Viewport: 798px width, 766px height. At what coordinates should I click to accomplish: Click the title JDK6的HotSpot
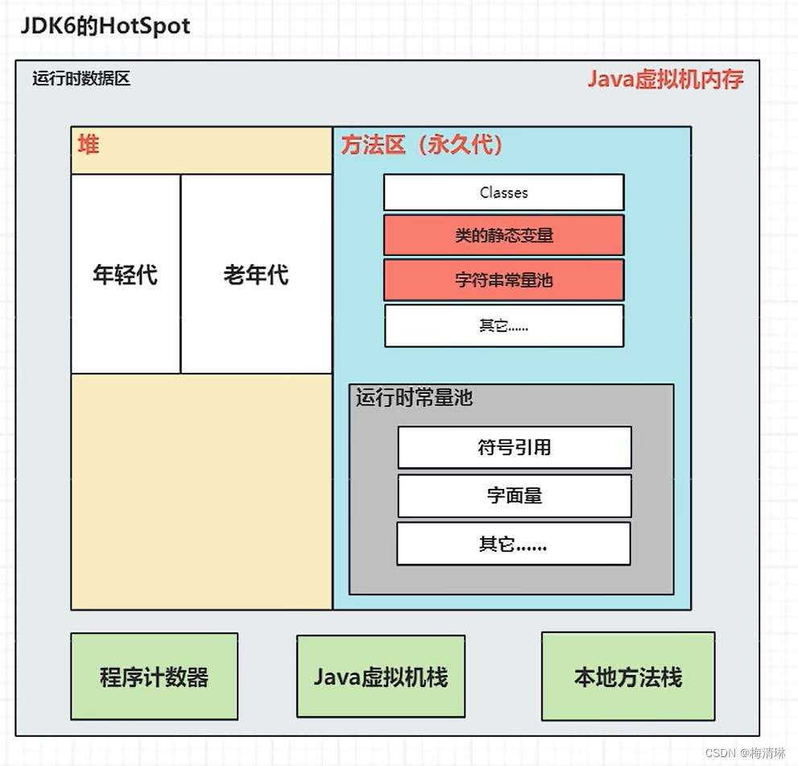point(105,26)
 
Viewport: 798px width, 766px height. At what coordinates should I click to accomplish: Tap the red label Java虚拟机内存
point(665,79)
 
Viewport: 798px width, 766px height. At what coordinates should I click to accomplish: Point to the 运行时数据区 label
point(81,79)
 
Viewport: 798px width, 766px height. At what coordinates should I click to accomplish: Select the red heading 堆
point(89,146)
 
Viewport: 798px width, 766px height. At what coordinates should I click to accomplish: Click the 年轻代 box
point(125,275)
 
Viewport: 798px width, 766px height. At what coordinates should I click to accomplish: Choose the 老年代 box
point(256,275)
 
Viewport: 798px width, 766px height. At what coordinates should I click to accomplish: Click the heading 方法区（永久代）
point(422,145)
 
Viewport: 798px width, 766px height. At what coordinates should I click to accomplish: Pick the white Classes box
point(503,193)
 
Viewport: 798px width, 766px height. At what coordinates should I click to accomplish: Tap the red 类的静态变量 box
point(503,236)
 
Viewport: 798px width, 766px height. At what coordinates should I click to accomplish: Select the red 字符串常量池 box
point(503,280)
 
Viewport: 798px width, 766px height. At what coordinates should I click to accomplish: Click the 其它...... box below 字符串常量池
point(503,325)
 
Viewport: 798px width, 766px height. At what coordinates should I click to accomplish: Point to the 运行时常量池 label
point(414,398)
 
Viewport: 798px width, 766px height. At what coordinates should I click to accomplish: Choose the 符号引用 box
point(514,448)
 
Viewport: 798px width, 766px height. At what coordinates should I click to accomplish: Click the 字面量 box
point(514,496)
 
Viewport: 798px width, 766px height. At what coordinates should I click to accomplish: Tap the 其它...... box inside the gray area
point(513,544)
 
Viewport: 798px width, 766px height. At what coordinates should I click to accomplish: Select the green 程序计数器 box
point(154,677)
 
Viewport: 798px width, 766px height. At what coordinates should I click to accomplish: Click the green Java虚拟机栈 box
point(380,677)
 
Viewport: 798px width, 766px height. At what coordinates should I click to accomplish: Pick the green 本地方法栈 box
point(628,677)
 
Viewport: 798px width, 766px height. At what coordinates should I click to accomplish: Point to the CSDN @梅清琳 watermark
point(745,753)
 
